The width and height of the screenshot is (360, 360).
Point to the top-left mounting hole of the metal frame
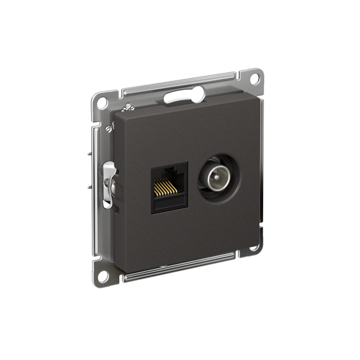tap(102, 102)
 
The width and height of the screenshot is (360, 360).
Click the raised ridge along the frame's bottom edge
tap(180, 266)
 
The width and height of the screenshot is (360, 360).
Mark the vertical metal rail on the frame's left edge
tap(95, 189)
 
